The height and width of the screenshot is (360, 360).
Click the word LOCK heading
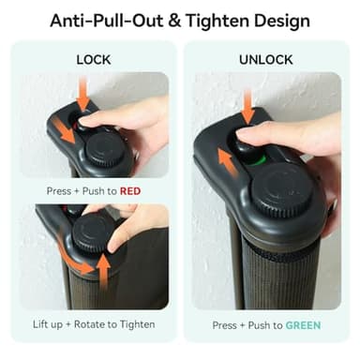[94, 60]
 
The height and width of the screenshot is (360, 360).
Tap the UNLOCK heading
[266, 60]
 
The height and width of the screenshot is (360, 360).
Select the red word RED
[130, 191]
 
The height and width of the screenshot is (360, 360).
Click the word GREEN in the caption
[303, 325]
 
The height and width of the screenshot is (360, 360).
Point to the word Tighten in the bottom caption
[138, 324]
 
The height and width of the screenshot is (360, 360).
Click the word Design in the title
[282, 22]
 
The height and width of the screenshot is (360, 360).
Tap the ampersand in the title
[175, 21]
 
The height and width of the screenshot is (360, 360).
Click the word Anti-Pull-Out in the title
[107, 21]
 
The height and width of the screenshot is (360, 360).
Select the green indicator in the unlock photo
[259, 160]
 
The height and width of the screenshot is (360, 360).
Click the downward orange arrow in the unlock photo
[248, 106]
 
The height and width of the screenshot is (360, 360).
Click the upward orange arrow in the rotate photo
[103, 271]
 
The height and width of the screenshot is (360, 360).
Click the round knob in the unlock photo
[282, 189]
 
